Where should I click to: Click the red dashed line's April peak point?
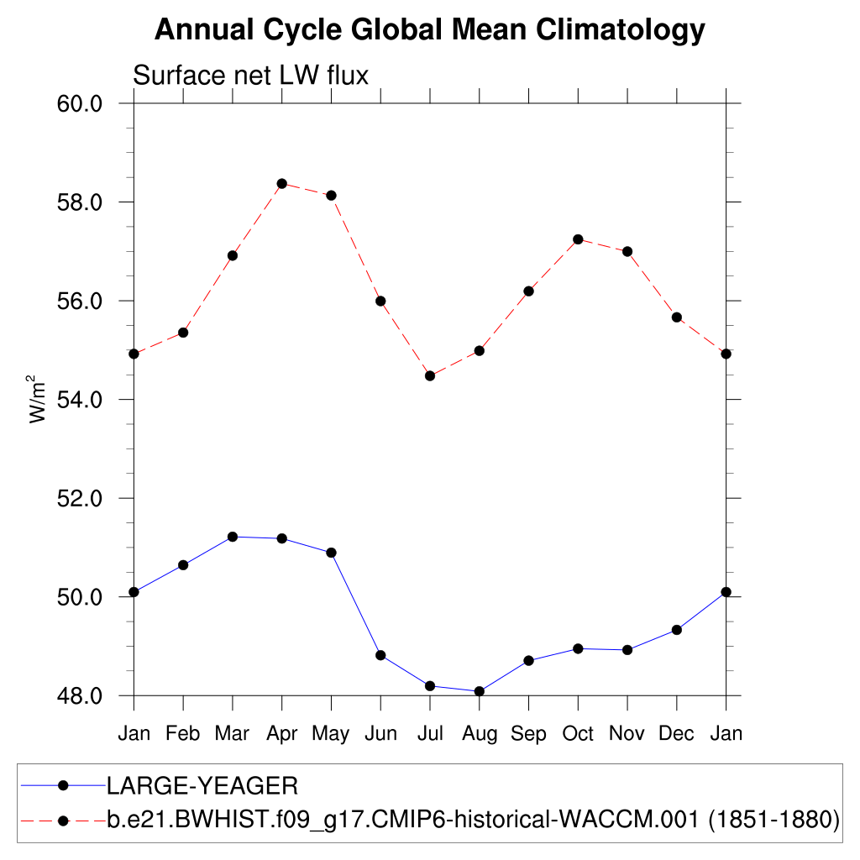click(x=282, y=183)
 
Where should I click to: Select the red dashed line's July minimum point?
click(x=430, y=375)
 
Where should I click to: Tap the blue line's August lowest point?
click(x=480, y=691)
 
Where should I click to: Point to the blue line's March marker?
click(x=233, y=537)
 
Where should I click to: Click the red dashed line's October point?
click(x=578, y=239)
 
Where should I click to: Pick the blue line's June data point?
click(x=380, y=655)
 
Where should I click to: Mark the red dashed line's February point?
click(x=183, y=333)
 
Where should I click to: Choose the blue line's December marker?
click(x=677, y=630)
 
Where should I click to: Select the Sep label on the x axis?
click(x=529, y=734)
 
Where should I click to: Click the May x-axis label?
click(x=331, y=734)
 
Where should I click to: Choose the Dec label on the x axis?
click(x=677, y=734)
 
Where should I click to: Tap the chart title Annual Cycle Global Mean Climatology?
click(x=430, y=30)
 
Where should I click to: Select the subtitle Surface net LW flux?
click(x=251, y=76)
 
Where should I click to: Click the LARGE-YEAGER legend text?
click(x=202, y=786)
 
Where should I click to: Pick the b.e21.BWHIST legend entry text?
click(x=473, y=819)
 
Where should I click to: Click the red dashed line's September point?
click(x=529, y=291)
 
